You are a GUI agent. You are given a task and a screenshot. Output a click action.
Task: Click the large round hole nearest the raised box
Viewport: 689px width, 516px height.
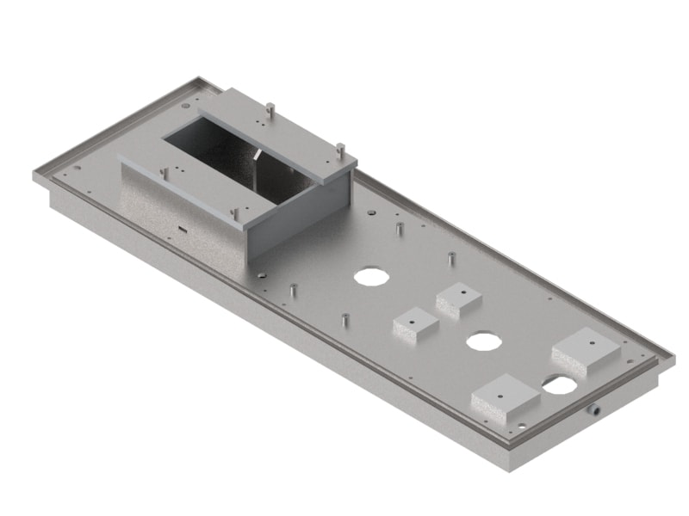click(x=370, y=277)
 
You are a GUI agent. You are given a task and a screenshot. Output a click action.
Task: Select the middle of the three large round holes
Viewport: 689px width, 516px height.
click(x=484, y=341)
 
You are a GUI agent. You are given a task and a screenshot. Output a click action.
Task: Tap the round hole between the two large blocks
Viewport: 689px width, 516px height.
click(x=560, y=384)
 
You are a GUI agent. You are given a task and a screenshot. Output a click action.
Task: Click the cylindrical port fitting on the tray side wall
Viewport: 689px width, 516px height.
click(x=594, y=410)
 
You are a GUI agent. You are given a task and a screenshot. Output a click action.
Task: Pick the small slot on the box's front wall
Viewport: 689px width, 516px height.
click(x=183, y=230)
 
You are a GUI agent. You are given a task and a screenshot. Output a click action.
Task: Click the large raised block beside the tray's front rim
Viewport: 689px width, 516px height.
click(x=506, y=399)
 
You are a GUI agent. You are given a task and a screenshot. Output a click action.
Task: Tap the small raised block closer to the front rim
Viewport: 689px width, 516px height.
click(x=416, y=326)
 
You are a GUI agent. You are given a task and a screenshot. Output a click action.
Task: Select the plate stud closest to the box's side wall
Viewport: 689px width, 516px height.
click(x=400, y=230)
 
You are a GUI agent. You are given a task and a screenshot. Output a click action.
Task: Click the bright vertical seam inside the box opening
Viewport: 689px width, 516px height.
click(x=258, y=163)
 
